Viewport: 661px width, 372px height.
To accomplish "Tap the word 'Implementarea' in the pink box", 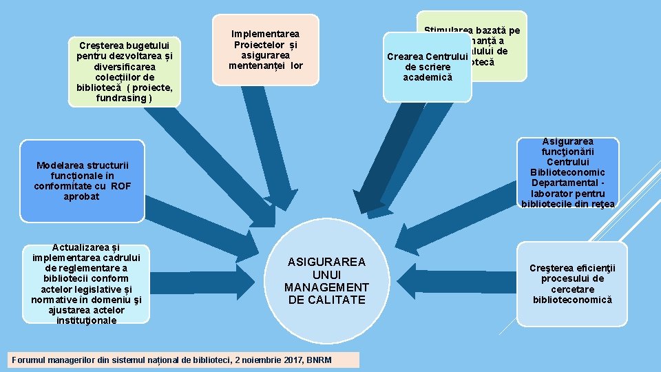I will [x=265, y=33].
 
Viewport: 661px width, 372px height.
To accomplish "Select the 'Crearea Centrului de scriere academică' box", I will [x=428, y=67].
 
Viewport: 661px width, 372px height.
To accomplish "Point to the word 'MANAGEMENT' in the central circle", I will [x=326, y=287].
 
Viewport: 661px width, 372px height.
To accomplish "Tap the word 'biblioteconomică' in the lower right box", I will [x=572, y=299].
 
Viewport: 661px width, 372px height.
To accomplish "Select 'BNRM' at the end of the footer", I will [x=319, y=360].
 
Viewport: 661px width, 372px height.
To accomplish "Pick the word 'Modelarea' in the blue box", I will [x=58, y=165].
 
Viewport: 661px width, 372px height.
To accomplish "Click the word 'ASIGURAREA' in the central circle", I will [x=326, y=262].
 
